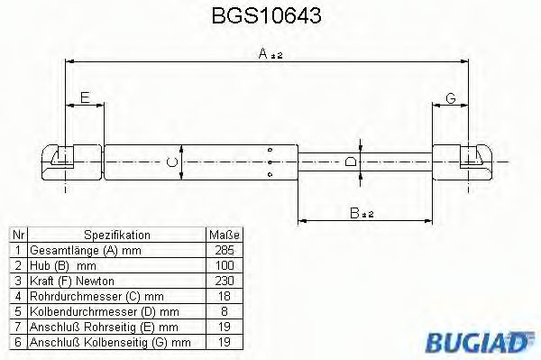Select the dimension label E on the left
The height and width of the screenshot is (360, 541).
(84, 97)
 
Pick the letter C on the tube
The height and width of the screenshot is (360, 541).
(172, 162)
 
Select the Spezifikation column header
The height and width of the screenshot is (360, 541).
(115, 233)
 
